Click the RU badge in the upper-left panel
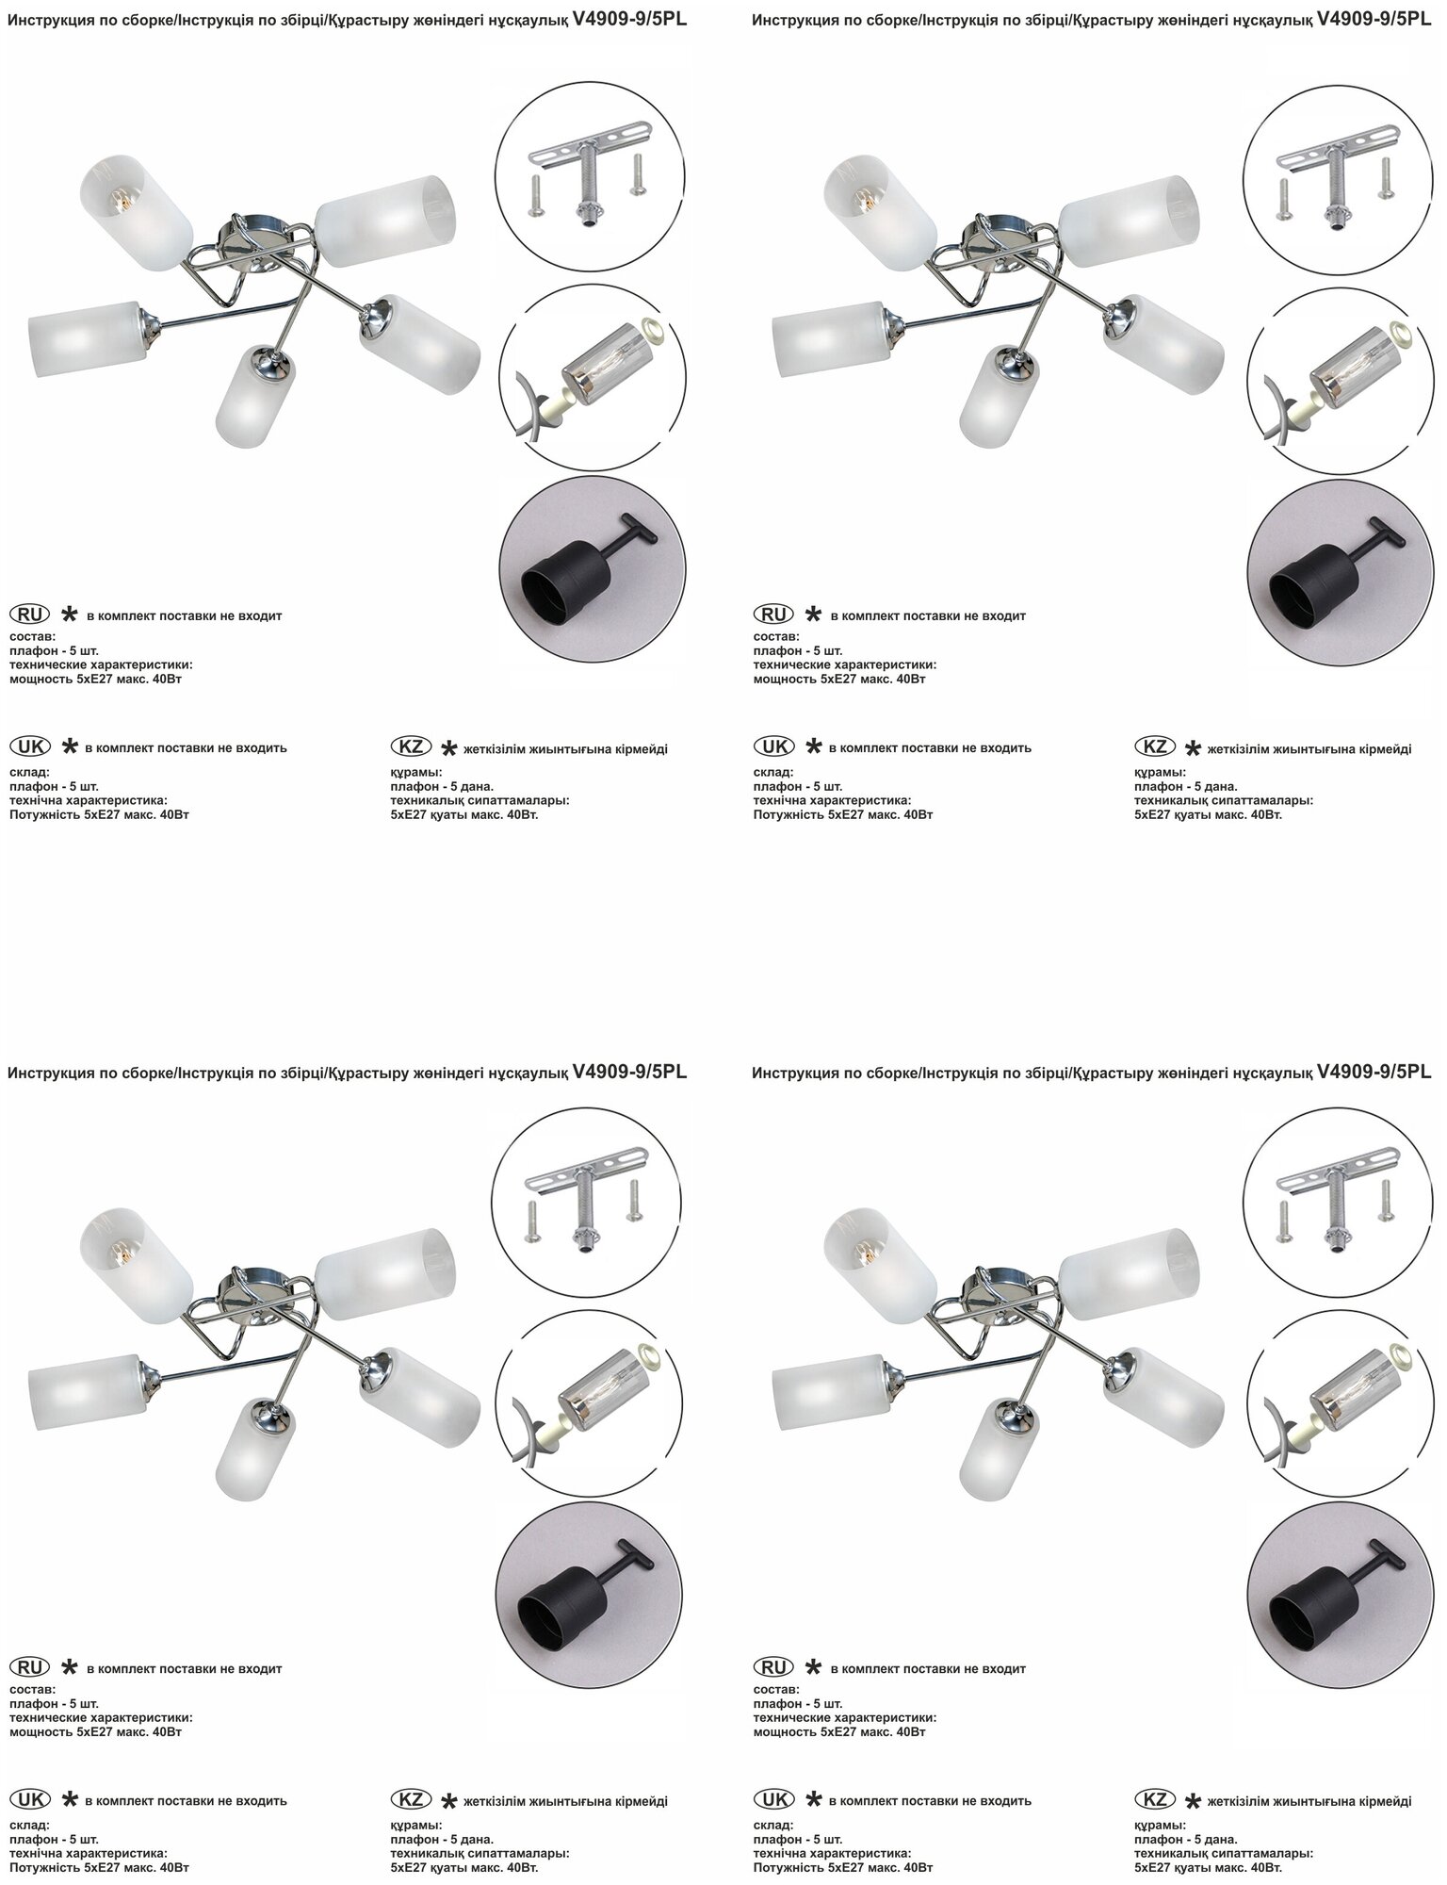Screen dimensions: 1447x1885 [31, 615]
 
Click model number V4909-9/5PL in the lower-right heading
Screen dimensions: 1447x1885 [1374, 1072]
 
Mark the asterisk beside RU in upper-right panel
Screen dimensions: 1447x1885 [813, 615]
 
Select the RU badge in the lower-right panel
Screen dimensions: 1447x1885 [775, 1667]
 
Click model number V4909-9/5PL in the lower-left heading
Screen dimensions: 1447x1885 [629, 1072]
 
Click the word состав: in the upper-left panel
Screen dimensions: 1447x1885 [33, 636]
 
